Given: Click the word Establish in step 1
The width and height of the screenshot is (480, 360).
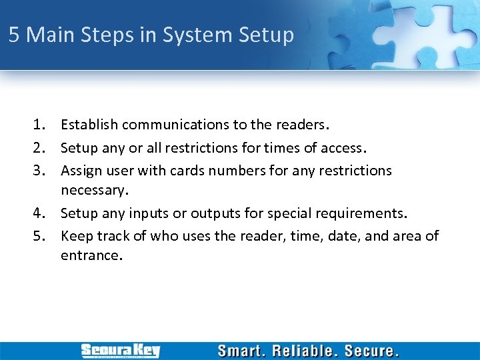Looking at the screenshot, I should [89, 125].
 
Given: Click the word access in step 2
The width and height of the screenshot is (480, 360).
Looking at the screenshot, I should [341, 147].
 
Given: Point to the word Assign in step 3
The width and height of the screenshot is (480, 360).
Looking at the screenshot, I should [81, 171].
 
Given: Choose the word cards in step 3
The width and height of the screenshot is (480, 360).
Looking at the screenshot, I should [188, 171].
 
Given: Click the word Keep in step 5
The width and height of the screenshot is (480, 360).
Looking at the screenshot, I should [75, 236].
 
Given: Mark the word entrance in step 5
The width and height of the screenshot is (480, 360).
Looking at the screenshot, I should [90, 255].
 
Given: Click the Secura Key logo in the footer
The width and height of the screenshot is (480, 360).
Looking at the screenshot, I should [120, 351].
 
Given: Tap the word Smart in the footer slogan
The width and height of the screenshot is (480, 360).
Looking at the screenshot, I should [241, 351].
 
